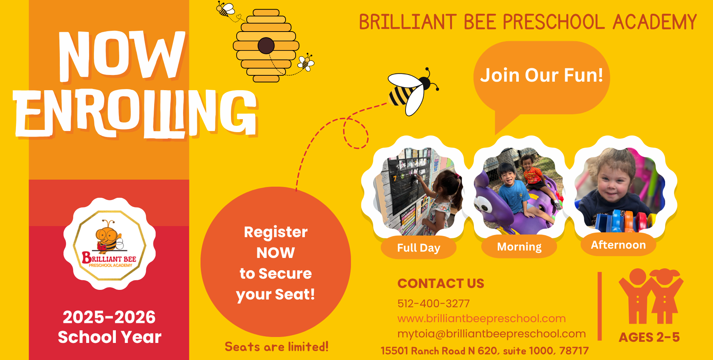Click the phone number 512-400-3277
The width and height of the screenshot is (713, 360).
pyautogui.click(x=433, y=304)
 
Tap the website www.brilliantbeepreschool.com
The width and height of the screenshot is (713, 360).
pyautogui.click(x=482, y=318)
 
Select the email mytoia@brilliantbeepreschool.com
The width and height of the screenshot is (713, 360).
pyautogui.click(x=492, y=334)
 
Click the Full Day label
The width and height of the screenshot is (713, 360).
pyautogui.click(x=419, y=248)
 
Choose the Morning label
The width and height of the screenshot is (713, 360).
pyautogui.click(x=519, y=247)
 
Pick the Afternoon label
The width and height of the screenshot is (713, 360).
pyautogui.click(x=618, y=245)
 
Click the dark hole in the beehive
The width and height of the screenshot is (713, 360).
pyautogui.click(x=266, y=46)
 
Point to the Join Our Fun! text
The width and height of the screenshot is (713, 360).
pyautogui.click(x=541, y=75)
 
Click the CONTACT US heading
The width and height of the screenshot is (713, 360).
pyautogui.click(x=441, y=284)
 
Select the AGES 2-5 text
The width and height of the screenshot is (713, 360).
pyautogui.click(x=649, y=337)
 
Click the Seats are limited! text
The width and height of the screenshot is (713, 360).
pyautogui.click(x=277, y=347)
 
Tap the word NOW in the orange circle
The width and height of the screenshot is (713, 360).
pyautogui.click(x=276, y=253)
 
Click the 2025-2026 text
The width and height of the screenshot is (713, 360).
pyautogui.click(x=109, y=317)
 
